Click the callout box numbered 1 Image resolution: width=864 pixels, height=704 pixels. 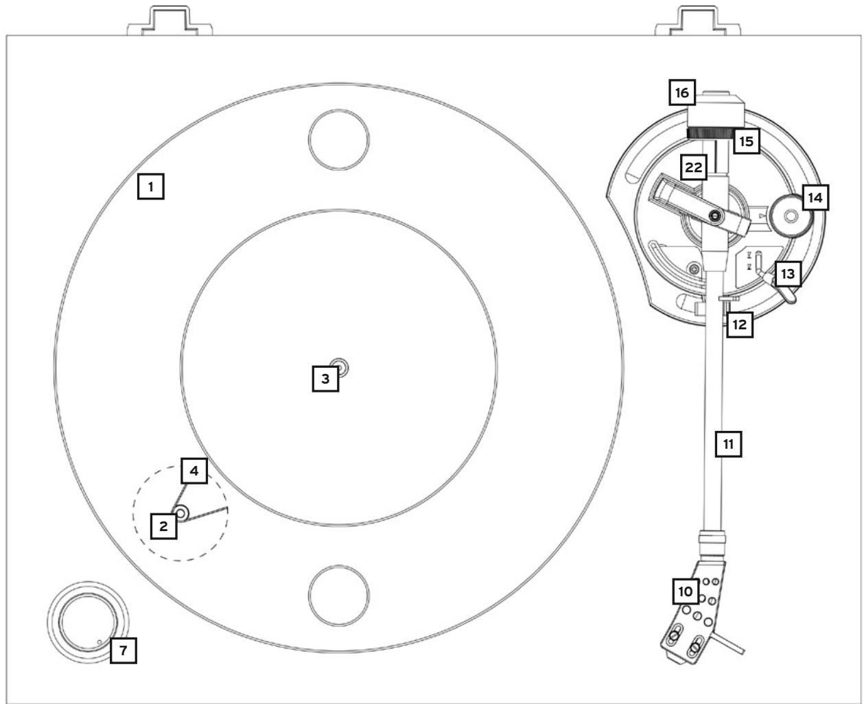151,186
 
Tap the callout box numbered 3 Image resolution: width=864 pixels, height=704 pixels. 325,378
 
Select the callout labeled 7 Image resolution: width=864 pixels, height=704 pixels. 124,650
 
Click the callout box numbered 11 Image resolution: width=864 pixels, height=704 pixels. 729,443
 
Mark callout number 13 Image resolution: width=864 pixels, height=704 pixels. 788,274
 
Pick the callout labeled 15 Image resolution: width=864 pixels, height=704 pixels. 746,141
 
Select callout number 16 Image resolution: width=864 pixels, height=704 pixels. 684,91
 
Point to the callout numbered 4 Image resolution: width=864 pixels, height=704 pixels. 194,471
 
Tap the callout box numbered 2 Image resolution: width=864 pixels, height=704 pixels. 164,526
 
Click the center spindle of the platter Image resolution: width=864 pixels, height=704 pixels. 339,368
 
